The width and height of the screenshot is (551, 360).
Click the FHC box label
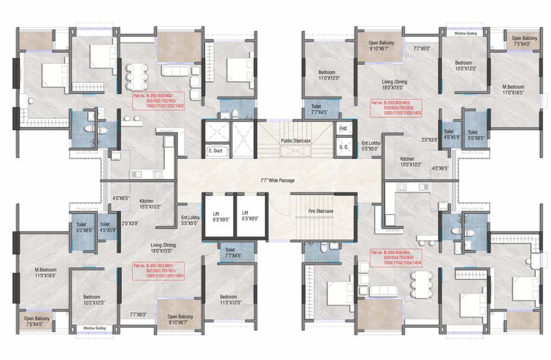[343, 128]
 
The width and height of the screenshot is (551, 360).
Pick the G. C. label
[343, 147]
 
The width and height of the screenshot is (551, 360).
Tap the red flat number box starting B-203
[396, 108]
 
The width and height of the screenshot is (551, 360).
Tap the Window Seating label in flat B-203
[467, 33]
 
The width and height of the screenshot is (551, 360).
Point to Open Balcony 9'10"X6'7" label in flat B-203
[383, 46]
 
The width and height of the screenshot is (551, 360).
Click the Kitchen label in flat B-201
[146, 203]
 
